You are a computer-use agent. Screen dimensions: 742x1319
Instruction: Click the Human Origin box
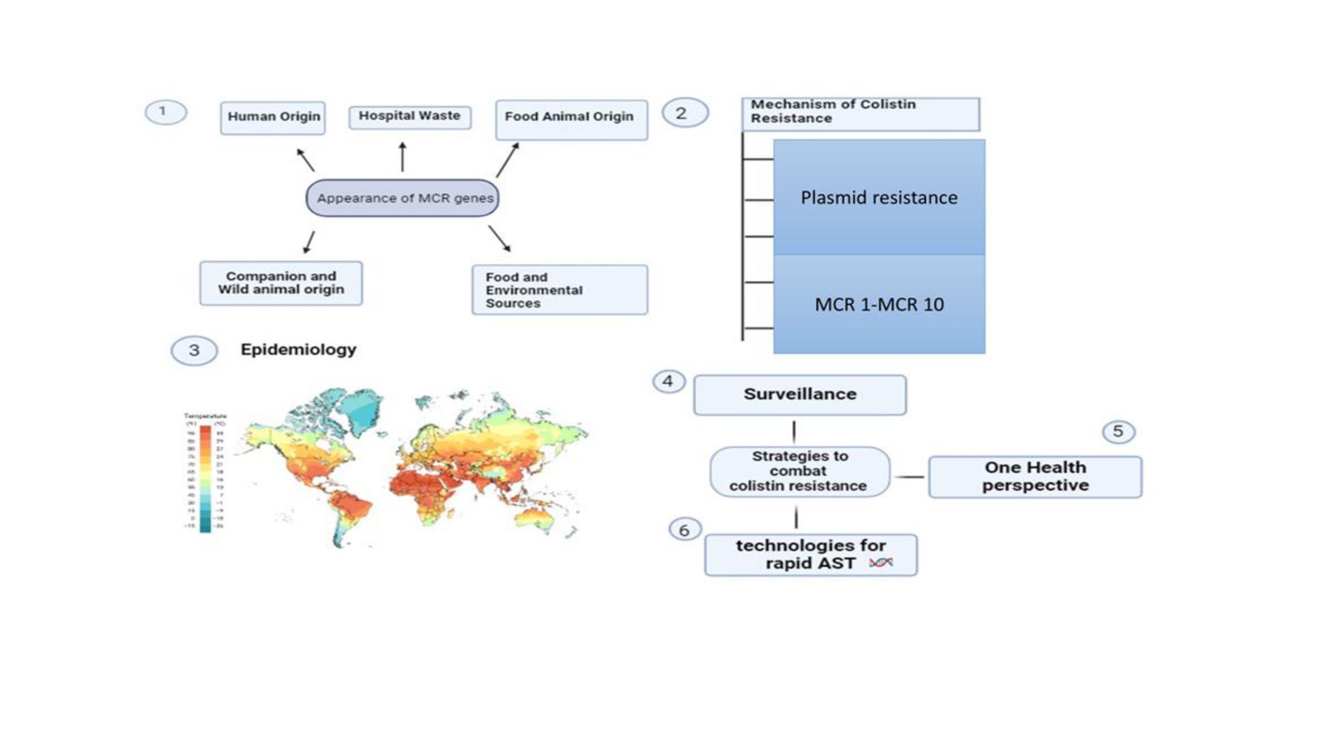pos(273,117)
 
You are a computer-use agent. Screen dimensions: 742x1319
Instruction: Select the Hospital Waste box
pos(410,117)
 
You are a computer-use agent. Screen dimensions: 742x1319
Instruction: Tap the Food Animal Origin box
pos(571,119)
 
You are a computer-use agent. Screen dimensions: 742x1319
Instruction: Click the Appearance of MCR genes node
pos(402,198)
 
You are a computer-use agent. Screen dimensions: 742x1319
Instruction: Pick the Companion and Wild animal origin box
pos(281,283)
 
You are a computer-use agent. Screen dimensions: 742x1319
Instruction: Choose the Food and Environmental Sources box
pos(560,290)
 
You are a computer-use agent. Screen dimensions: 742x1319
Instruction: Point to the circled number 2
pos(685,113)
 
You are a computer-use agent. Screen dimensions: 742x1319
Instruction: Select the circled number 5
pos(1118,432)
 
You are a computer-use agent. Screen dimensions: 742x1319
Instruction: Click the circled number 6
pos(685,530)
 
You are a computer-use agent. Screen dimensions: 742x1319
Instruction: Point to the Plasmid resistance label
pos(879,198)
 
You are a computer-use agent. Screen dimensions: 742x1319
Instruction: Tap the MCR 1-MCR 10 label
pos(879,305)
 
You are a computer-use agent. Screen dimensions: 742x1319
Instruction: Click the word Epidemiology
pos(298,350)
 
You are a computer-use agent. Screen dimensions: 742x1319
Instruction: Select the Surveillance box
pos(800,394)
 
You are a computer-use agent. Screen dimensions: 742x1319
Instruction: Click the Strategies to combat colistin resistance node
pos(799,471)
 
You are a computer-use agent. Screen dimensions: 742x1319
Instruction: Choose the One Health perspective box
pos(1035,477)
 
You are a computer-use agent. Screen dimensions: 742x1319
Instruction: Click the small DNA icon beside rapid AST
pos(881,563)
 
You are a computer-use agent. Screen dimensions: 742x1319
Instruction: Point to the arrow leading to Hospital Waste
pos(402,157)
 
